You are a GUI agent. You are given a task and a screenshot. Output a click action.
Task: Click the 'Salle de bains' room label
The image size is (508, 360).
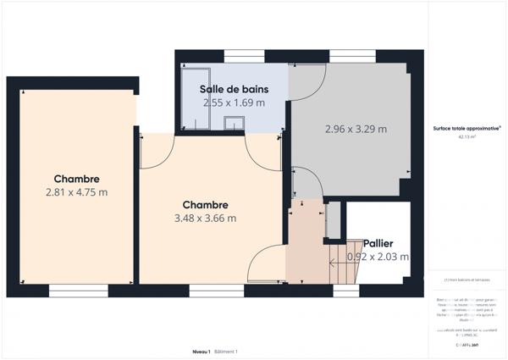tap(233, 88)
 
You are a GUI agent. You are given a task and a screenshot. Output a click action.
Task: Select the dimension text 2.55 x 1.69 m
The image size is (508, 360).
tap(233, 102)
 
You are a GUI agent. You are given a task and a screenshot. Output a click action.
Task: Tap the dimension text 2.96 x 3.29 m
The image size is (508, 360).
tap(356, 130)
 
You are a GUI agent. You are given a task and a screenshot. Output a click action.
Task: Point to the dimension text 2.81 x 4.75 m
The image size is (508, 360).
tap(76, 192)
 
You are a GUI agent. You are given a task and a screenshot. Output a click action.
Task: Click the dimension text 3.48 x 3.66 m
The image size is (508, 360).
tap(205, 218)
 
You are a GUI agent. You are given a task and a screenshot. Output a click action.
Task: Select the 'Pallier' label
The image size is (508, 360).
tap(378, 242)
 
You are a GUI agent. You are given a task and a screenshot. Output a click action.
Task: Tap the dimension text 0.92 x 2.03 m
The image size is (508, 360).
tap(378, 257)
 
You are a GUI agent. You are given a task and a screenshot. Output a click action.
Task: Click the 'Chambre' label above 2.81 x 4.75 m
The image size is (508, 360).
tap(76, 179)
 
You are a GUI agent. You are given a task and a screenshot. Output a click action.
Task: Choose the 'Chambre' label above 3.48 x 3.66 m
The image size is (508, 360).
tap(205, 204)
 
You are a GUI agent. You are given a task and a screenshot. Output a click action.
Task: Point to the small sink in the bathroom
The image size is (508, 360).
tap(234, 124)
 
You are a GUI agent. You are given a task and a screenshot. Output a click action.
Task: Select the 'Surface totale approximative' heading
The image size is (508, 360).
tap(467, 128)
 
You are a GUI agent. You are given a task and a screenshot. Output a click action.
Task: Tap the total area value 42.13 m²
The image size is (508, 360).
tap(467, 136)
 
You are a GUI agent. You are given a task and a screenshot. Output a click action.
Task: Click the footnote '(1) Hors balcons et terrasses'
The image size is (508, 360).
tap(467, 280)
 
